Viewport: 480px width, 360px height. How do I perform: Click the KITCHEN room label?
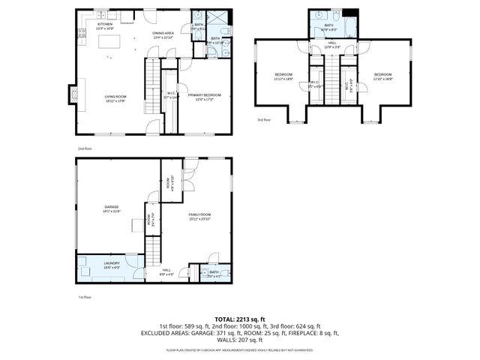(x=105, y=24)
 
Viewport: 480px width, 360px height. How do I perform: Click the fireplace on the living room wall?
(x=73, y=94)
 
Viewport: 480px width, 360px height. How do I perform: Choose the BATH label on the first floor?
(x=214, y=273)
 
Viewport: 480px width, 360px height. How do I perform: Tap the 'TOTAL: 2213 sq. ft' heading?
(x=240, y=319)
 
